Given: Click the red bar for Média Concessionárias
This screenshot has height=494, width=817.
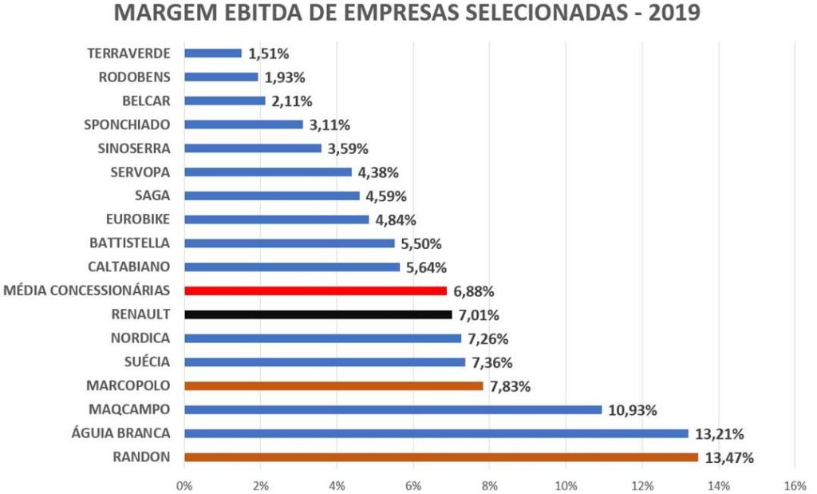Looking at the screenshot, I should pos(315,290).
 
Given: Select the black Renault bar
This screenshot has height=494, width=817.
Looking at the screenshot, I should pos(318,314).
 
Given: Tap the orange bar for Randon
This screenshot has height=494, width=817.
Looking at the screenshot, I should pos(441,457).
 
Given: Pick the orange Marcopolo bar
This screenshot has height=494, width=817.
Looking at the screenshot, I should pos(334,386).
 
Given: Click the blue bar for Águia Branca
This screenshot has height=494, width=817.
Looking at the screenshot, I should pos(436,433).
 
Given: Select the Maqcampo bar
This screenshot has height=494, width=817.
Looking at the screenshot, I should pos(393,409).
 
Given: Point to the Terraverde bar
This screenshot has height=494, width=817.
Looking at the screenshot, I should pos(212,53).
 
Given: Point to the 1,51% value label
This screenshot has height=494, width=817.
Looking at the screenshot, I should pos(268,54).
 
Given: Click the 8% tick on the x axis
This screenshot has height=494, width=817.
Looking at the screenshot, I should pos(490,484).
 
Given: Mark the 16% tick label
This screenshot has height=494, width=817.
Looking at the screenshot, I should pos(795,484).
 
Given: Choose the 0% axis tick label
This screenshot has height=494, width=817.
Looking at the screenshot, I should pos(184,484).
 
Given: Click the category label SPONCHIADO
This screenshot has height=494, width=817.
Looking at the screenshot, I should pos(127,124).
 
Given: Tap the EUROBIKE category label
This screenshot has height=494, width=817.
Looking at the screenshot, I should pos(138,219).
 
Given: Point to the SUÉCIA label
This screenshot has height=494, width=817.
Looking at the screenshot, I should pos(147,362).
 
